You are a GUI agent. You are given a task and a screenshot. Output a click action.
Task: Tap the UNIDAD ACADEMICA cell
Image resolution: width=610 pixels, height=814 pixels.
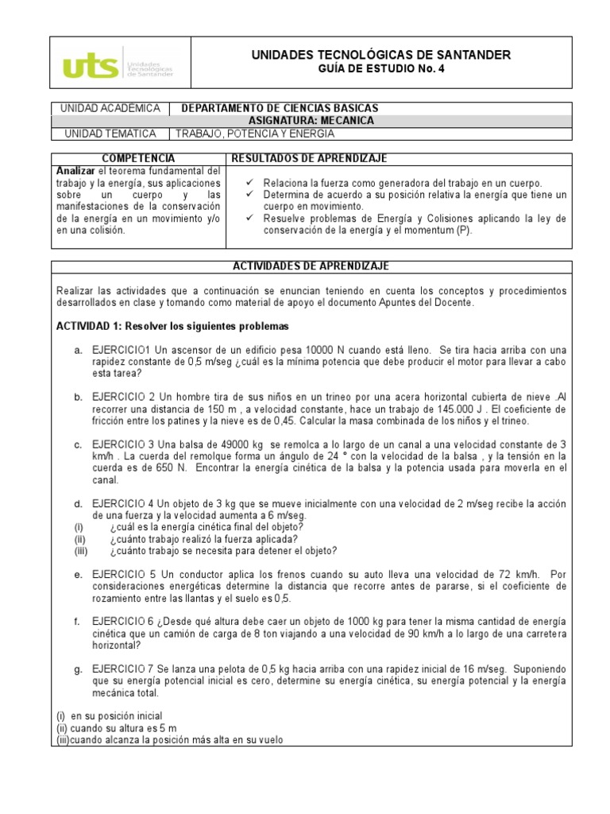[110, 108]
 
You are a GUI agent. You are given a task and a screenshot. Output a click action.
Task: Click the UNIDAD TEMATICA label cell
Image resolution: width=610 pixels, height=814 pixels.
[110, 134]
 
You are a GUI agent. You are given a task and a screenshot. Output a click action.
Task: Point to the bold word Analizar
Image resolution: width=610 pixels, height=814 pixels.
[75, 171]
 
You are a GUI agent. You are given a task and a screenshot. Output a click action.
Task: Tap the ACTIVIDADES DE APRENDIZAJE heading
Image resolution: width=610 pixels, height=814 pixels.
[311, 266]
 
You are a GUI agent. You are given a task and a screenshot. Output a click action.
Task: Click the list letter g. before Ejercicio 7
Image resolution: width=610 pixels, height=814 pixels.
[78, 669]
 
